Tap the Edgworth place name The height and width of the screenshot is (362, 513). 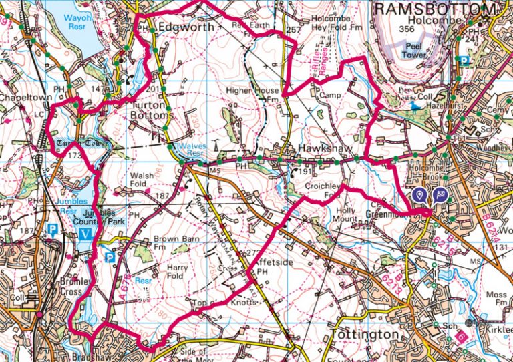[188, 27]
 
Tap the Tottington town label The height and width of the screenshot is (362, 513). [366, 333]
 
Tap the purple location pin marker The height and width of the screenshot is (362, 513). [419, 194]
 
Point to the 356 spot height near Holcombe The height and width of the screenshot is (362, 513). [403, 29]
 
